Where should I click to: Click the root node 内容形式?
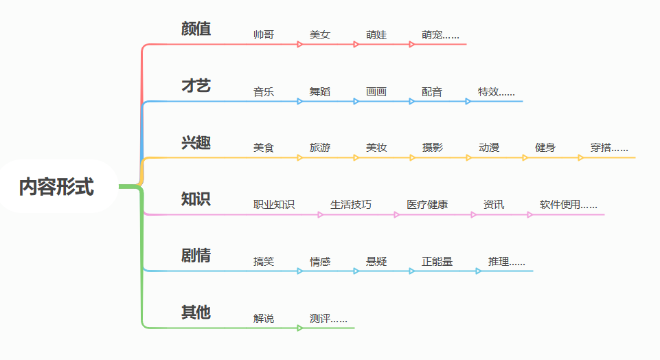(x=56, y=186)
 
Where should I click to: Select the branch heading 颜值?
(x=196, y=29)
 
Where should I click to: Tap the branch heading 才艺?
(x=196, y=86)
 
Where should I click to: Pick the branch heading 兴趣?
(x=196, y=143)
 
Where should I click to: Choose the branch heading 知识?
(x=196, y=199)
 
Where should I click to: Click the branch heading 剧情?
(x=196, y=256)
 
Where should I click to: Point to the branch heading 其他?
(x=196, y=313)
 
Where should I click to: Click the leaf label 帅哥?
(x=264, y=34)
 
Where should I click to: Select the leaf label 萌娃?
(x=376, y=34)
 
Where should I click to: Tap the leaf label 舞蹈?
(x=320, y=91)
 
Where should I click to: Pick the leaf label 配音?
(x=432, y=91)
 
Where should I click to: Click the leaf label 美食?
(x=264, y=148)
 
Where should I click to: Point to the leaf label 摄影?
(x=433, y=148)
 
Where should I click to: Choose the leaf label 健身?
(x=545, y=148)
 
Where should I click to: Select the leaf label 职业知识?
(x=274, y=205)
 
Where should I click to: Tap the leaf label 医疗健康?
(x=427, y=205)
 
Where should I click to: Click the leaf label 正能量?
(x=437, y=262)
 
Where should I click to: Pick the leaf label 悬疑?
(x=376, y=262)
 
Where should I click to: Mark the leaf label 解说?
(x=264, y=318)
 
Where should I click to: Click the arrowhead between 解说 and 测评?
(x=300, y=328)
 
